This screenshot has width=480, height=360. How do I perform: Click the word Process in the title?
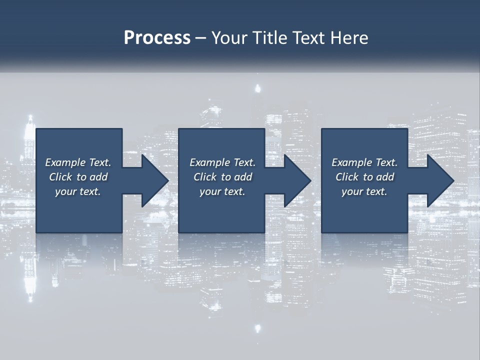click(157, 38)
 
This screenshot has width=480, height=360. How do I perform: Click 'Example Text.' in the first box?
click(78, 162)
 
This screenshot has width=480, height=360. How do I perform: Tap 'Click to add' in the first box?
click(78, 177)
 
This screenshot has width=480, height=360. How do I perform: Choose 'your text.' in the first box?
click(78, 191)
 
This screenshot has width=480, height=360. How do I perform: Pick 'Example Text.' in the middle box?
click(222, 162)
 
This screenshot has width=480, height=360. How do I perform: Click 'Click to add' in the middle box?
click(222, 177)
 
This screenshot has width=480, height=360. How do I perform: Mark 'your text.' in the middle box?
click(222, 191)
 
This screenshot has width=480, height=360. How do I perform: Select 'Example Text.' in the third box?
click(364, 162)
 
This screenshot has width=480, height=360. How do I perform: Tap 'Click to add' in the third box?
click(364, 177)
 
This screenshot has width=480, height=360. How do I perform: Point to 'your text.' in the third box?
click(364, 191)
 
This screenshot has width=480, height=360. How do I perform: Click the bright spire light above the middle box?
click(258, 89)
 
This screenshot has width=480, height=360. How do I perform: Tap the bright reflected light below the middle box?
click(258, 328)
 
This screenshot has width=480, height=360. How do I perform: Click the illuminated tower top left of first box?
click(30, 123)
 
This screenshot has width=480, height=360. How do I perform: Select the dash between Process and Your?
click(200, 38)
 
